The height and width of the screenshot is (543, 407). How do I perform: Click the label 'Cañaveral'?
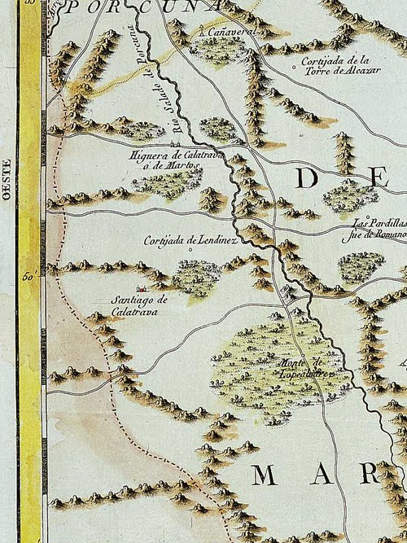point(229,30)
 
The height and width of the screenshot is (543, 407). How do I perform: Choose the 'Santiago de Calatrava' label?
point(139,304)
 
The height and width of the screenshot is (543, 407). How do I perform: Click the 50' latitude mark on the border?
point(28,278)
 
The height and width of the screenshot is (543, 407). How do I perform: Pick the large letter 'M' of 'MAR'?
point(269,474)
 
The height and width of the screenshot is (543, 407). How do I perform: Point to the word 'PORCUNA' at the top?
point(143,7)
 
